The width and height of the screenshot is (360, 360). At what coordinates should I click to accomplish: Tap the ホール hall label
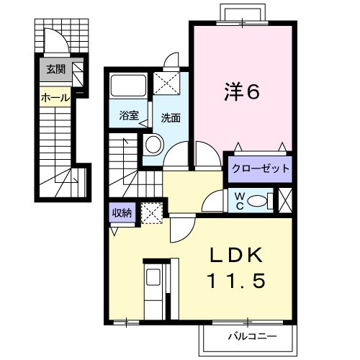point(55,97)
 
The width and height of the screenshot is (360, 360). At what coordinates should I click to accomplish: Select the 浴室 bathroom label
point(129,113)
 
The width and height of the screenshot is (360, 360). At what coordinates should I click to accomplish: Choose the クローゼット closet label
point(259,170)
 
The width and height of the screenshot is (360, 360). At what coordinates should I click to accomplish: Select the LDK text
point(236,256)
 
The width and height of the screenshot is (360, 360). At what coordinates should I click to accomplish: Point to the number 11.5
point(236,282)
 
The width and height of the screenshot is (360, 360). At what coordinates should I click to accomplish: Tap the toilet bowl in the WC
point(262,199)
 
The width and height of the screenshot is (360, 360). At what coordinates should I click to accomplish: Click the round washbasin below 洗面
point(152,145)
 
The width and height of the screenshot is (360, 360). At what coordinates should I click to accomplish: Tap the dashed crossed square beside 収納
point(150,213)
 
